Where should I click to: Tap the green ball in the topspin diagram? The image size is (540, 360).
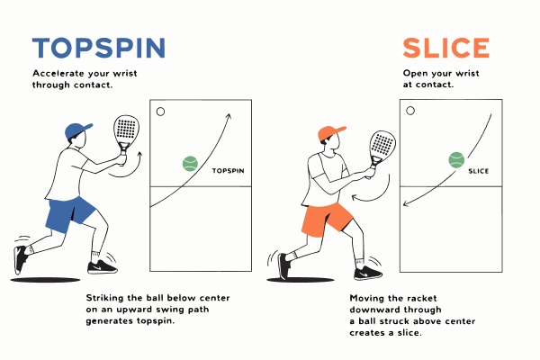click(x=190, y=163)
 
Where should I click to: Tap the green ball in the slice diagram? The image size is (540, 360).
click(x=456, y=160)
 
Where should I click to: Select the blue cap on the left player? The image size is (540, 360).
click(x=78, y=130)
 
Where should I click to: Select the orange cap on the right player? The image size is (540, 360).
click(x=331, y=134)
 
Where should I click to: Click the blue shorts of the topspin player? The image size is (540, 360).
click(x=70, y=213)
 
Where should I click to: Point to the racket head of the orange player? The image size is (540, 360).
click(x=382, y=144)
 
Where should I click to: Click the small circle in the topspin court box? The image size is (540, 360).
click(x=160, y=112)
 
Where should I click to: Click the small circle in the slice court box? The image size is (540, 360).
click(x=411, y=111)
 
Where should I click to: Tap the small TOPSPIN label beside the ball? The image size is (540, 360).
click(x=228, y=170)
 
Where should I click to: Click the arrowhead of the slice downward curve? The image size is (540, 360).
click(x=406, y=204)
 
